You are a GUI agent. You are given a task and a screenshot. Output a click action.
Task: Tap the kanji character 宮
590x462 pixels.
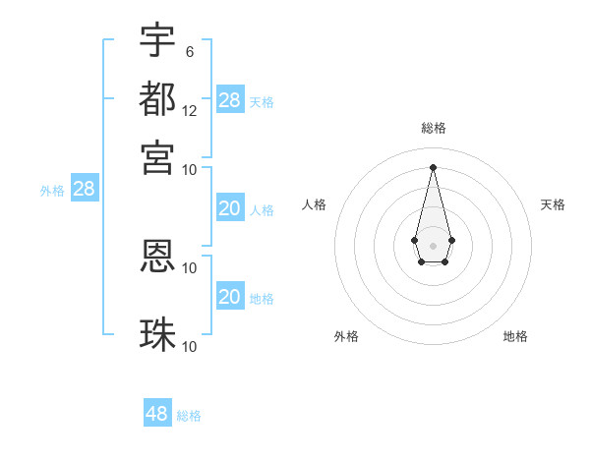coord(157,156)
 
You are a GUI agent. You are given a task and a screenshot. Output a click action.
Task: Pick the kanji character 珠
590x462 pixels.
coord(157,334)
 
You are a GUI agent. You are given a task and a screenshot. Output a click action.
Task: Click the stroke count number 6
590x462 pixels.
coord(190,51)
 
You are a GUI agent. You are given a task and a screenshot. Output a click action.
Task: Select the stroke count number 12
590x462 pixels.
coord(190,110)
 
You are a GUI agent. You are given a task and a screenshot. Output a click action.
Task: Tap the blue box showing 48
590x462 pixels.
coord(157,414)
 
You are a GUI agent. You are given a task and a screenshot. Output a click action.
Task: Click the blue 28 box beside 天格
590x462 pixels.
coord(230,100)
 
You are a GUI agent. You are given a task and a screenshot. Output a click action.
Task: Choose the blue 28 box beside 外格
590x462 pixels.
coord(85,189)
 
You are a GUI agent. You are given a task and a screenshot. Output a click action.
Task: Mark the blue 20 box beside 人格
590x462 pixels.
coord(230,208)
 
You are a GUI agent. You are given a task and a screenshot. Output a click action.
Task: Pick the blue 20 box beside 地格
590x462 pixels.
coord(230,297)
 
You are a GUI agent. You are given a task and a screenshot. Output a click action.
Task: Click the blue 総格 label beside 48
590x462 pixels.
coord(189,416)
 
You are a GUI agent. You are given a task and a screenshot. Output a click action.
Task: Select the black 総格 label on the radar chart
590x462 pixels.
coord(434,128)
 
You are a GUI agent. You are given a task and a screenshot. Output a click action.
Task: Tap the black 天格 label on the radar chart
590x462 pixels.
coord(553,204)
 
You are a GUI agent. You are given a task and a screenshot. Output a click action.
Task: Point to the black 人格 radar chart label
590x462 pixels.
coord(315,204)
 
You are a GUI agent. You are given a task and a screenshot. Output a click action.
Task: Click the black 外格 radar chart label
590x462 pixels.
coord(346,336)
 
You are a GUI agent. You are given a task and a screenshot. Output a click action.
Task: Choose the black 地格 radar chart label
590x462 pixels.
coord(515,336)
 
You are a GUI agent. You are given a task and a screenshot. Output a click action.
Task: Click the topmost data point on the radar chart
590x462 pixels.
coord(433,166)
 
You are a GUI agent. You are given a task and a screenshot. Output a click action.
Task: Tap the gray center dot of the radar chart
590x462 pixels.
coord(433,244)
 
